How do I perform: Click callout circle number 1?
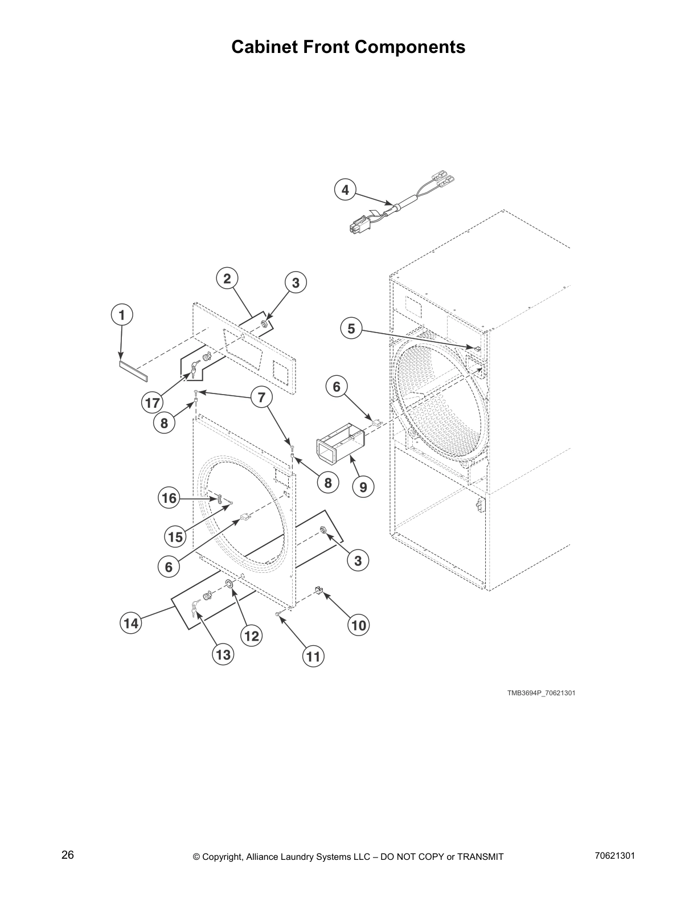[x=121, y=315]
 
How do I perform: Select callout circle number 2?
[x=227, y=278]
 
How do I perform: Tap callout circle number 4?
[x=345, y=190]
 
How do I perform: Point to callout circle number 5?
[x=351, y=329]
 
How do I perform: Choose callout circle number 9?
[x=363, y=487]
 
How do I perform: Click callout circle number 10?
[x=359, y=626]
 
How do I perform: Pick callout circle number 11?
[x=313, y=657]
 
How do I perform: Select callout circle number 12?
[x=251, y=636]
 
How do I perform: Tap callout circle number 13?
[x=223, y=655]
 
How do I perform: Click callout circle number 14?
[x=131, y=624]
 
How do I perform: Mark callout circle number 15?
[x=175, y=536]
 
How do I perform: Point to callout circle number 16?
[x=169, y=498]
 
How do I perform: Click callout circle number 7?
[x=261, y=397]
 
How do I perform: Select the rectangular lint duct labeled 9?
[x=339, y=448]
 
